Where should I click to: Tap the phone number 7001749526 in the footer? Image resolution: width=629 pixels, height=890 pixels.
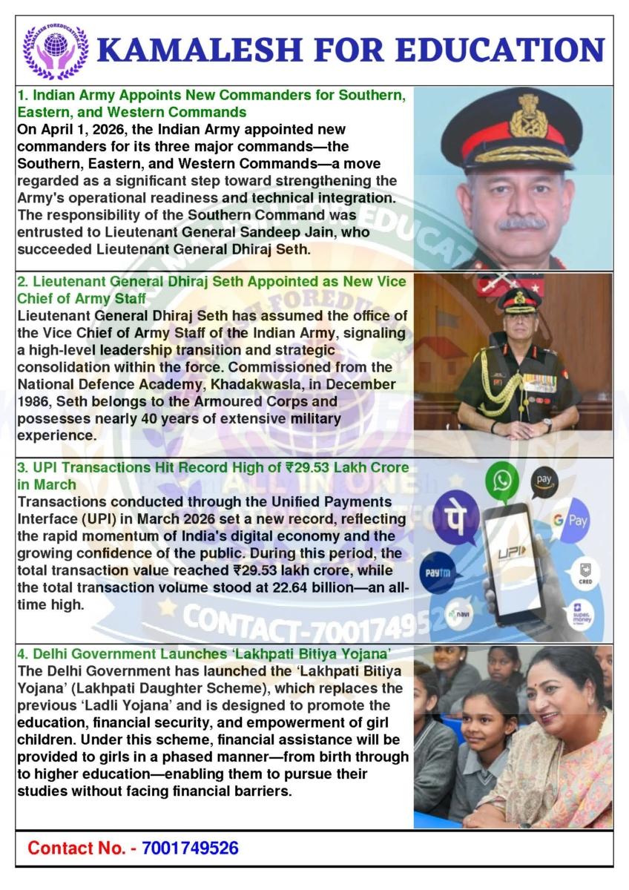click(189, 848)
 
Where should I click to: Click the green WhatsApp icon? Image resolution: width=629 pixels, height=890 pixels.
click(503, 481)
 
